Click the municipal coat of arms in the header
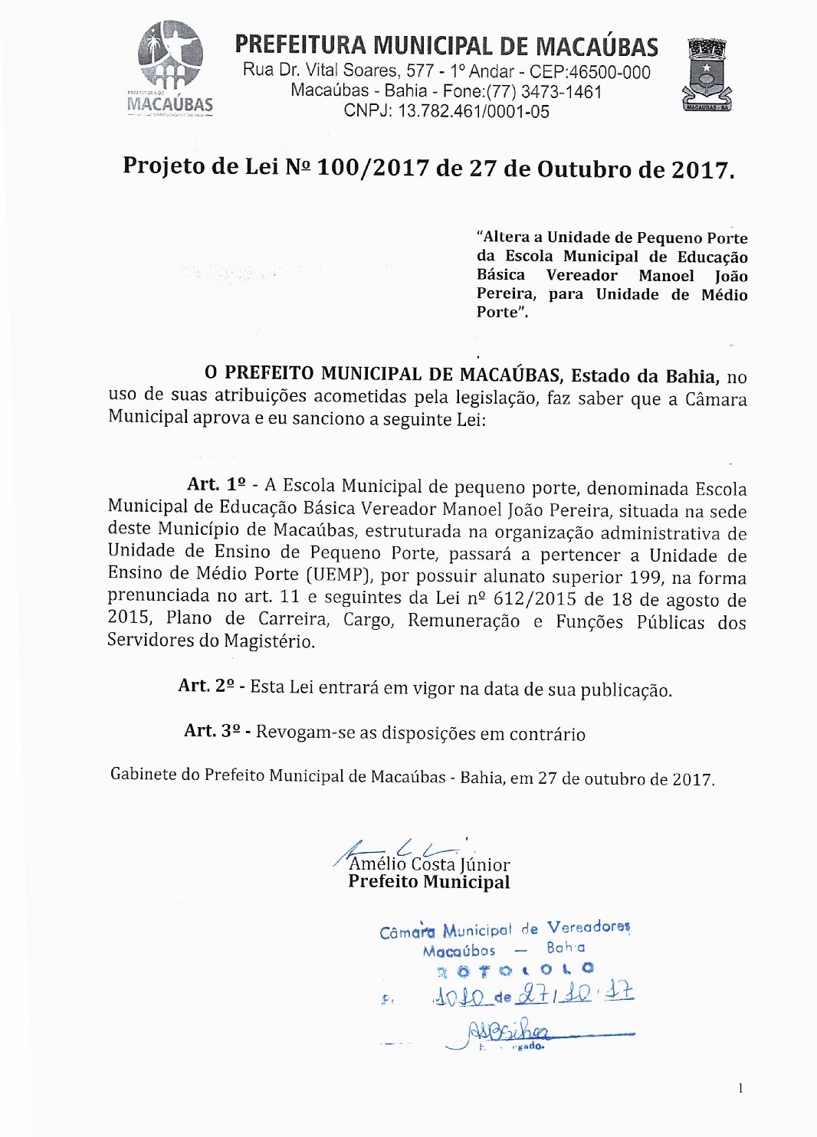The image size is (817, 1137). point(706,75)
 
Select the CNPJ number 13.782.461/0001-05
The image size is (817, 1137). point(473,111)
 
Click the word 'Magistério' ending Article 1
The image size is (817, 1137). point(269,641)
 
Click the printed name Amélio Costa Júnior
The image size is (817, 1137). point(429,864)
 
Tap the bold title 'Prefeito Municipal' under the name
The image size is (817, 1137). point(428,882)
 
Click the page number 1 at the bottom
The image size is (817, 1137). point(740,1088)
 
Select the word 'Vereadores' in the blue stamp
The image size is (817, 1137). point(589,927)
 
